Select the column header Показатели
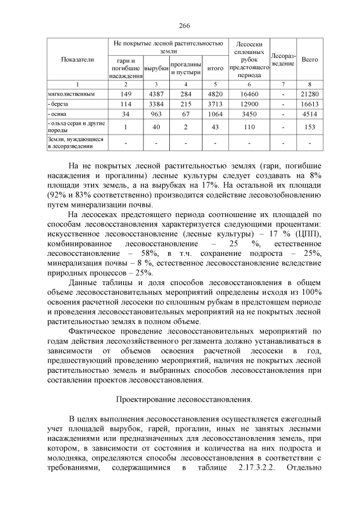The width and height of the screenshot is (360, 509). tap(78, 59)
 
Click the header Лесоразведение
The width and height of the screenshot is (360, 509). tap(283, 59)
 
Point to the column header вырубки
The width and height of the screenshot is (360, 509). tap(156, 68)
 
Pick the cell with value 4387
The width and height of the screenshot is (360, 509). tap(156, 94)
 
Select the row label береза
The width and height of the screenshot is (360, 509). tap(58, 105)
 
